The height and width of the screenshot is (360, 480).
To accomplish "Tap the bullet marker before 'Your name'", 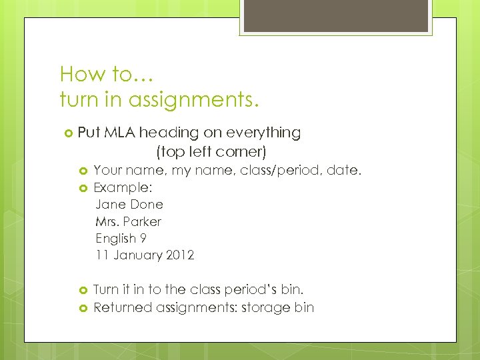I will [84, 171].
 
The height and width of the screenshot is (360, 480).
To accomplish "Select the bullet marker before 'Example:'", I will [84, 188].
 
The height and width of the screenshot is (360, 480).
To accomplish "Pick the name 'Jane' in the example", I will [110, 205].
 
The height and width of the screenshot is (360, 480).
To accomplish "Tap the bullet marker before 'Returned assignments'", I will [84, 308].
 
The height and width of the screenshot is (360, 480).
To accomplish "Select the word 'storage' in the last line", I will [267, 307].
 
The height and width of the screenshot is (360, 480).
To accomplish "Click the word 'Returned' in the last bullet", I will [122, 307].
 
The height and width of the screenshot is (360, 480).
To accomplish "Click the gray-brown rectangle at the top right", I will [335, 16].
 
